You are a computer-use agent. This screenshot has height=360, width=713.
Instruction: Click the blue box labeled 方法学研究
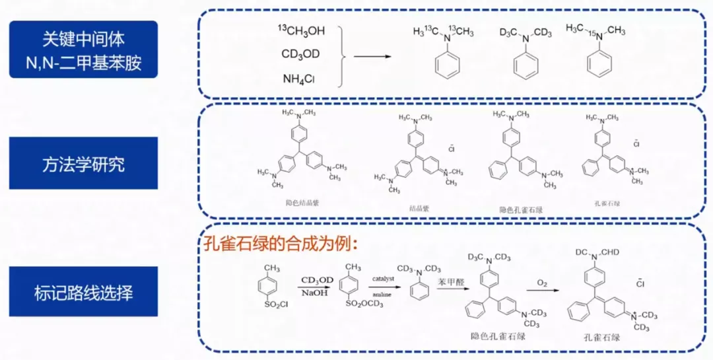pos(83,163)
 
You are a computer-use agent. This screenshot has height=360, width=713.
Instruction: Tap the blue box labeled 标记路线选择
pos(83,291)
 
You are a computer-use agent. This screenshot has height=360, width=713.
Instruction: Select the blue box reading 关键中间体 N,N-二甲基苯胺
pos(83,50)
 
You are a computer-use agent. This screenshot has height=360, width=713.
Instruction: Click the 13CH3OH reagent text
pos(300,31)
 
